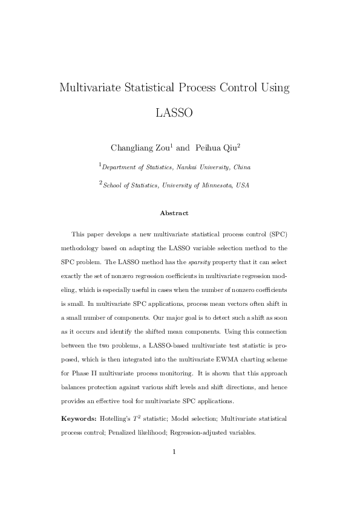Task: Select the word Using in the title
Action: [275, 87]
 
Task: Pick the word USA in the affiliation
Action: [241, 186]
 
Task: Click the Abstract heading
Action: [174, 213]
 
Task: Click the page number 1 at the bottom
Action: [174, 468]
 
